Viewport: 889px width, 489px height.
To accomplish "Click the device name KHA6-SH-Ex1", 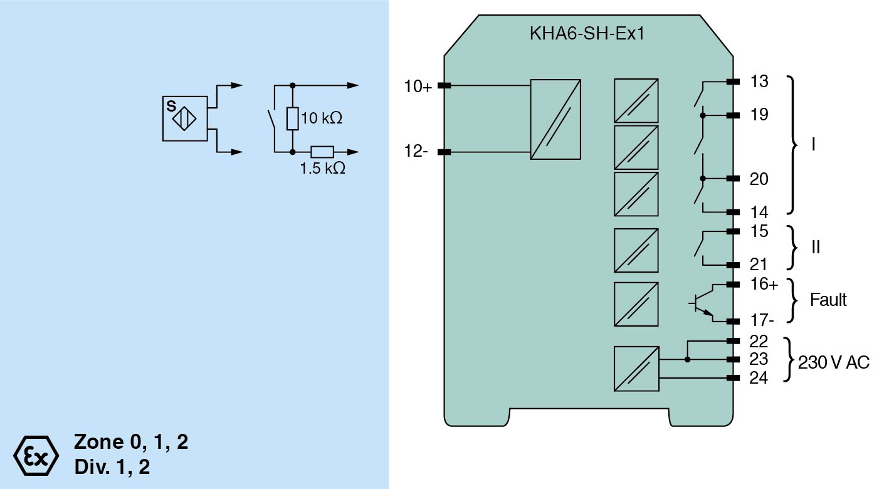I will click(x=587, y=33).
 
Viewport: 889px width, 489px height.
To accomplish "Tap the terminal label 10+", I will click(x=418, y=87).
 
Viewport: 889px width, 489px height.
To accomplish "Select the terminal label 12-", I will click(x=416, y=152).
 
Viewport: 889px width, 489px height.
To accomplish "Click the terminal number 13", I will click(x=759, y=81).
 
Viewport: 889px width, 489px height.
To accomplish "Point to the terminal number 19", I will click(x=759, y=115).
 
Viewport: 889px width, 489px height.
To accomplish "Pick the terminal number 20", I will click(x=759, y=179).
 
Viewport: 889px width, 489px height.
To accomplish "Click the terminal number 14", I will click(x=759, y=213).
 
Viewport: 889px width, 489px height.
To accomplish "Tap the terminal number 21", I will click(x=759, y=265).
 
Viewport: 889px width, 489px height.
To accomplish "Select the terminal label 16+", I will click(x=764, y=285).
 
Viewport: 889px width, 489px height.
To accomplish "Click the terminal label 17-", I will click(x=762, y=321).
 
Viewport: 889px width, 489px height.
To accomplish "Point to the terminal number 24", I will click(x=759, y=378).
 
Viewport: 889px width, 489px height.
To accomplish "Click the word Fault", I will click(x=828, y=300).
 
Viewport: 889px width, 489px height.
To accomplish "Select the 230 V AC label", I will click(x=834, y=362).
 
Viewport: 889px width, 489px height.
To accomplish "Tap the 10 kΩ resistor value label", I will click(x=322, y=118).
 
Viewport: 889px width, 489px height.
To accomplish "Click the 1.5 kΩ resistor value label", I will click(x=323, y=169).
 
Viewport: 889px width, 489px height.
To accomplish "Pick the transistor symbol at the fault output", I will click(x=701, y=303).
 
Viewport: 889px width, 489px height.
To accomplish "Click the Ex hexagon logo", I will click(x=36, y=454).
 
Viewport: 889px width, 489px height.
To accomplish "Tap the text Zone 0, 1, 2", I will click(x=131, y=442).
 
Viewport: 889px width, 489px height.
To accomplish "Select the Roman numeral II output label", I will click(x=815, y=247).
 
